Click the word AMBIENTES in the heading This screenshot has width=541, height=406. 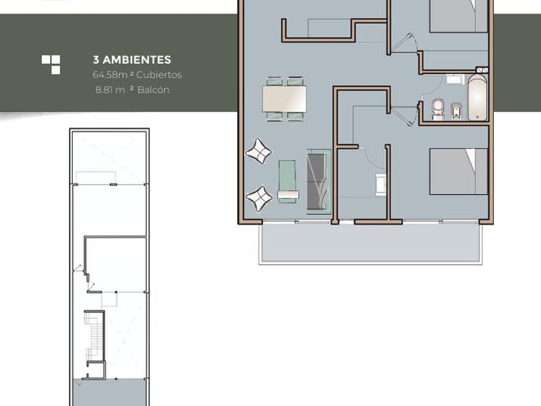[x=137, y=60]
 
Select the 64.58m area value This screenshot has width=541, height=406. [x=110, y=75]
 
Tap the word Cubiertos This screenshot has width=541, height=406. [x=159, y=75]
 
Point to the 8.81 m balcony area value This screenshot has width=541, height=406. [x=110, y=90]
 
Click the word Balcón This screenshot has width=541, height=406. [x=153, y=90]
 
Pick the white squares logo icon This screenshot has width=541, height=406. [x=51, y=64]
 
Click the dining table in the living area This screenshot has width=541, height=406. [x=284, y=99]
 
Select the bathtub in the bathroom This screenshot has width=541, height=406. [x=477, y=97]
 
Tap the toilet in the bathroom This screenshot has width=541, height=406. [x=438, y=110]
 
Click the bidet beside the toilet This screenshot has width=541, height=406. [x=456, y=111]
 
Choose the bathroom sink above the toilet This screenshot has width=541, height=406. [x=454, y=80]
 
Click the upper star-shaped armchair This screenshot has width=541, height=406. [x=258, y=151]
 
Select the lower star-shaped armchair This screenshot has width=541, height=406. [x=259, y=199]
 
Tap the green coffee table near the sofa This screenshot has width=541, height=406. [x=287, y=181]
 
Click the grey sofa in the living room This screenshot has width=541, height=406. [x=318, y=182]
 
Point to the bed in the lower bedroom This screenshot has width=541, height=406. [x=459, y=171]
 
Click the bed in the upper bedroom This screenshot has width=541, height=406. [x=459, y=16]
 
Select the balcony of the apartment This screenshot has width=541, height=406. [x=370, y=244]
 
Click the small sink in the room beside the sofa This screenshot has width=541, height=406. [x=381, y=184]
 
